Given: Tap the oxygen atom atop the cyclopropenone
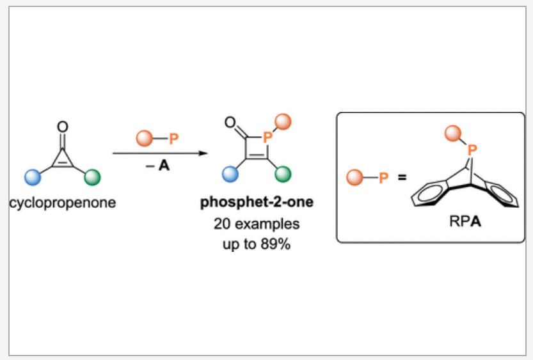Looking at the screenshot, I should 62,126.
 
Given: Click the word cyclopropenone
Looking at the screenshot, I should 63,203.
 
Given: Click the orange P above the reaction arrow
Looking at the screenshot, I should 172,137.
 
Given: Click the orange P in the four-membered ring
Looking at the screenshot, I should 267,136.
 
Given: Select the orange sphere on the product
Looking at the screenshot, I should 283,120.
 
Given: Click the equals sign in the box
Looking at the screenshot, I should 401,176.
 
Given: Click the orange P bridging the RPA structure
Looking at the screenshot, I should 472,150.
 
